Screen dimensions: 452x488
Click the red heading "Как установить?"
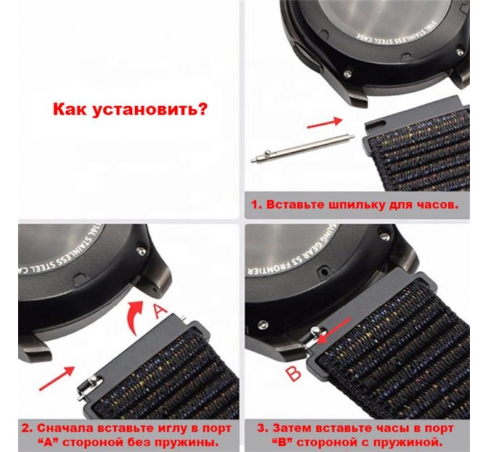pyautogui.click(x=130, y=110)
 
